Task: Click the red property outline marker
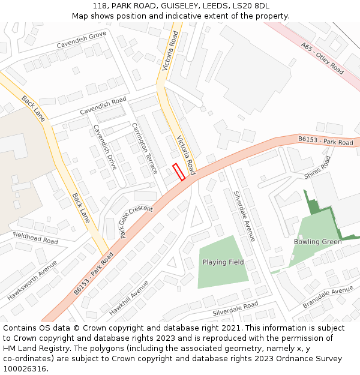(x=178, y=172)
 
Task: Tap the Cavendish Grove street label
(x=82, y=41)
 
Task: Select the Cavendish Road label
(x=103, y=106)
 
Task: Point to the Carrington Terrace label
(x=148, y=148)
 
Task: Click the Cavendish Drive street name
(x=104, y=148)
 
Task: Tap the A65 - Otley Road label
(x=322, y=58)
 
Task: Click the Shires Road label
(x=317, y=167)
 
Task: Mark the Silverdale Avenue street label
(x=244, y=216)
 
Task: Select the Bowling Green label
(x=317, y=242)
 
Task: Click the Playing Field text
(x=223, y=262)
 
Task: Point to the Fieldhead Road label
(x=35, y=238)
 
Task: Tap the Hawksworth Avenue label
(x=32, y=280)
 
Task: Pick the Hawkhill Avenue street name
(x=129, y=298)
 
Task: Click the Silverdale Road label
(x=235, y=309)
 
